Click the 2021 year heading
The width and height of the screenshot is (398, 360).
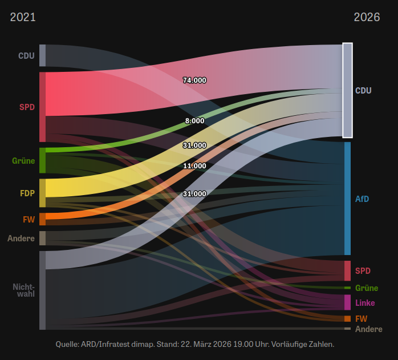(23, 17)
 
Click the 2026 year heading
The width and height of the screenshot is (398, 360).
(367, 17)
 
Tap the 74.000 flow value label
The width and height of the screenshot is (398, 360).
(194, 80)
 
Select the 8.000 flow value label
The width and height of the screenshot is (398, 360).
(194, 121)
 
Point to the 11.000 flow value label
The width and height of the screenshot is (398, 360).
(194, 166)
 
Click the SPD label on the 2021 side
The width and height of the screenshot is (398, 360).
(27, 107)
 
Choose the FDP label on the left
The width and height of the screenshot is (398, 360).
(27, 193)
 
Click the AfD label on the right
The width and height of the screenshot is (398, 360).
(362, 199)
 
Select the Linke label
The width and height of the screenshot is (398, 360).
(365, 302)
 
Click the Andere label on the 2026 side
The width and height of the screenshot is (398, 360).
(368, 329)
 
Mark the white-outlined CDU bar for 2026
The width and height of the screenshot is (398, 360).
(347, 90)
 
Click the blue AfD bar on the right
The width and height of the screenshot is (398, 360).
(347, 199)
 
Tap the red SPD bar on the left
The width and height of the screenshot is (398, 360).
(42, 107)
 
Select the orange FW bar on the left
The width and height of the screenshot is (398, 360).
(42, 219)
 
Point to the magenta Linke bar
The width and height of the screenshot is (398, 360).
(347, 302)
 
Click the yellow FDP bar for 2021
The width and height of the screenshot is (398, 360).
(42, 193)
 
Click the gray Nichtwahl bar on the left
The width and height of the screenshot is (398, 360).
(42, 290)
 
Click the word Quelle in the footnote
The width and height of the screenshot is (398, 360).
(67, 345)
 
